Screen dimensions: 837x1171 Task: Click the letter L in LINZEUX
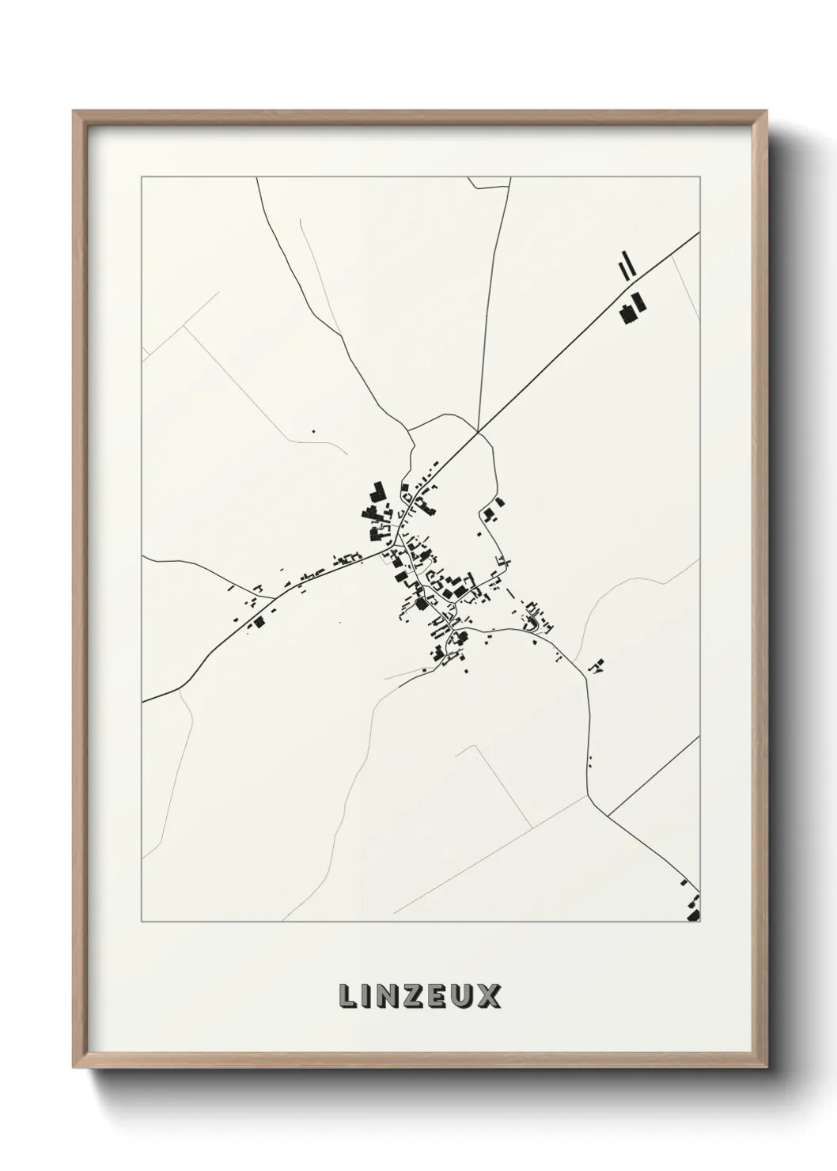348,996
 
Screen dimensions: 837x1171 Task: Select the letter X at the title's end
489,996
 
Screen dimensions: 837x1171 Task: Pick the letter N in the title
382,996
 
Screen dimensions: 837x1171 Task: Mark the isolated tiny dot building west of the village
313,431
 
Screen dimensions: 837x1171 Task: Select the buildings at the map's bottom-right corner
693,907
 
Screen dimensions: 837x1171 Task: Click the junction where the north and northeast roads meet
478,431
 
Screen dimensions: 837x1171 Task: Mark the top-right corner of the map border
699,177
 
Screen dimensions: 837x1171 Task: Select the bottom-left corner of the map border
142,922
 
